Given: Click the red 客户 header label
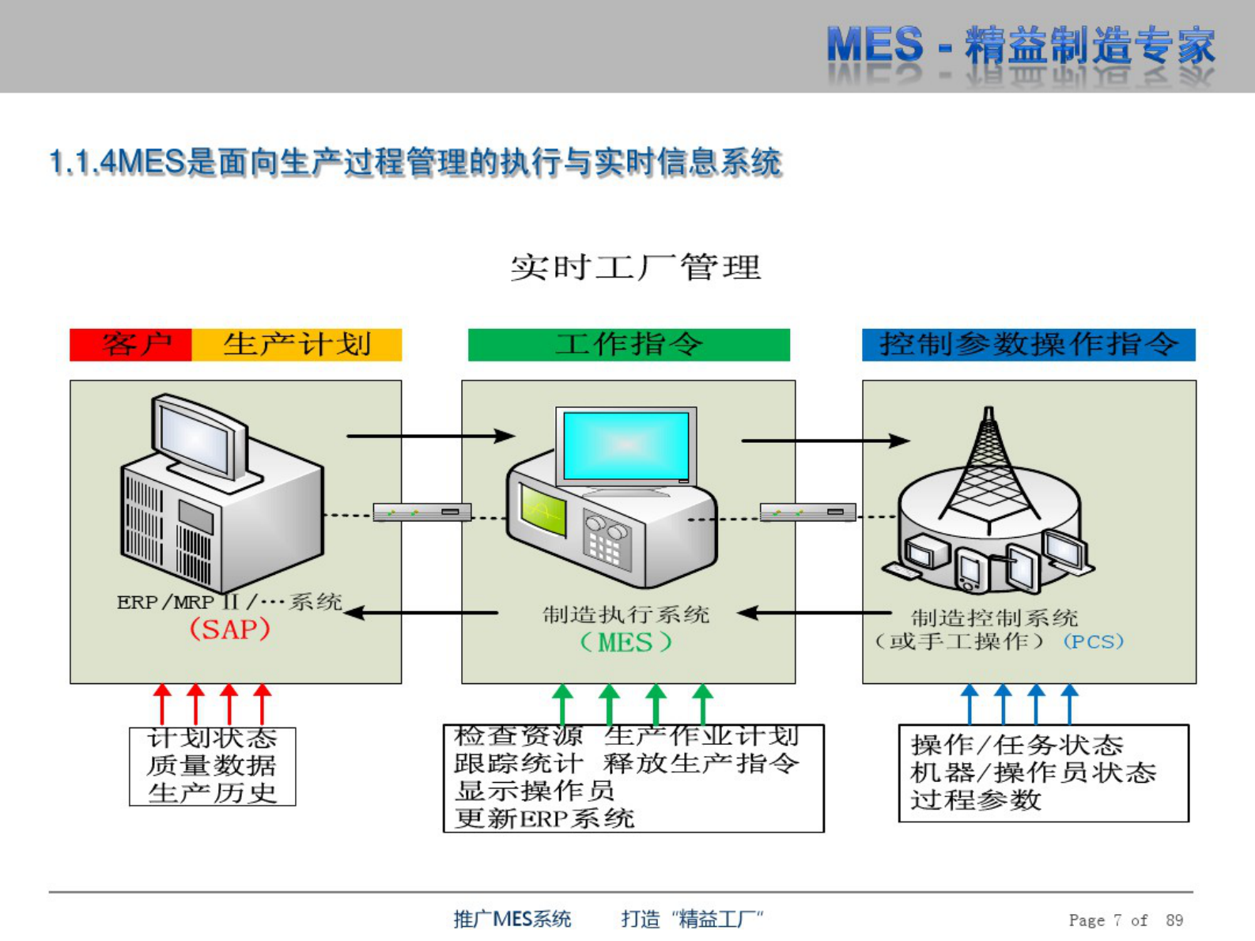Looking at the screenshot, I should (131, 345).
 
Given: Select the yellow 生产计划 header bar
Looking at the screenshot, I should (297, 345).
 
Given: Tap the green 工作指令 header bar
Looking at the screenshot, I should (629, 345).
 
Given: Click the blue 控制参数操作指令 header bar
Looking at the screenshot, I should (1028, 345).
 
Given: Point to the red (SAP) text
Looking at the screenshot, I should (229, 630).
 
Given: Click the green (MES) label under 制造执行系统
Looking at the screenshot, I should (626, 642).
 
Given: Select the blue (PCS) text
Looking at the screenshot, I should (1093, 641).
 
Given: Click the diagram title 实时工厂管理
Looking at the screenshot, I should (635, 267).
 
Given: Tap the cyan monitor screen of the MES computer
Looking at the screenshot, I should (626, 445).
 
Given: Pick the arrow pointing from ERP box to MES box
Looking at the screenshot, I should (431, 436).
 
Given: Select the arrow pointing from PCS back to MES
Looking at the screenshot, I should (815, 613).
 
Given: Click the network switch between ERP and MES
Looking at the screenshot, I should (422, 512).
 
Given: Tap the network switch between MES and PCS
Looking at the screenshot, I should (807, 512).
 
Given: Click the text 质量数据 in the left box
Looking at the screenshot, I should (211, 765).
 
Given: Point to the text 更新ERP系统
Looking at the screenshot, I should (544, 818).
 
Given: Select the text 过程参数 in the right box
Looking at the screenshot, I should (975, 800).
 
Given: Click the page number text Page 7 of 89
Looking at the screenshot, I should (1125, 920).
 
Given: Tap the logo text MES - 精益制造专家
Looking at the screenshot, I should (1020, 45).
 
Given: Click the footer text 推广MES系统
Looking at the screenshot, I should (512, 919).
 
